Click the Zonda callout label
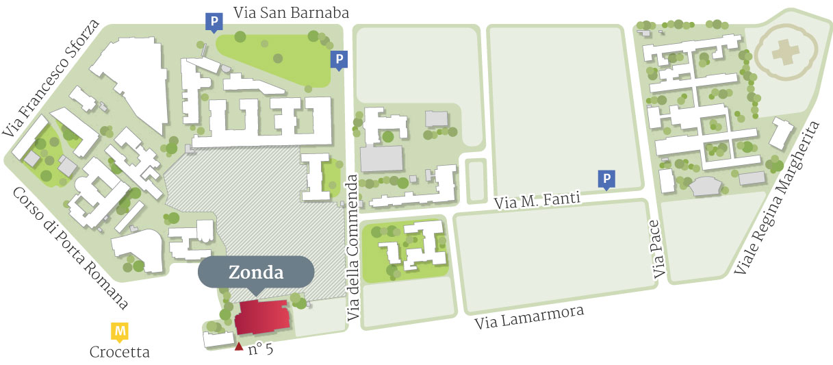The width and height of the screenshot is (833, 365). click(256, 273)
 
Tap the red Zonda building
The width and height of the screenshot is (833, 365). click(262, 316)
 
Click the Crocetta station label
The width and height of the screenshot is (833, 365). click(120, 353)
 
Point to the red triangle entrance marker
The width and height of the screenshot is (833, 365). click(238, 347)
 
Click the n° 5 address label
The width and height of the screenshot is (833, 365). click(260, 349)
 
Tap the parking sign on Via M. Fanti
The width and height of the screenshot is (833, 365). click(606, 179)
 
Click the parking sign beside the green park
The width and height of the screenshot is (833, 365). click(338, 60)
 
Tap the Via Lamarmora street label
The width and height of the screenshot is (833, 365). click(529, 319)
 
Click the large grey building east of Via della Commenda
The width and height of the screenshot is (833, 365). click(382, 158)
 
